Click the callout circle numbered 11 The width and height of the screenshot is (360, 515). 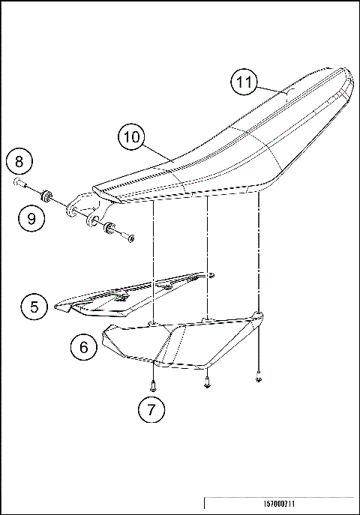243,82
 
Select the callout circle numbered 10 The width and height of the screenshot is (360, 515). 131,138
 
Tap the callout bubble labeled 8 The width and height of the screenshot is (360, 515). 20,161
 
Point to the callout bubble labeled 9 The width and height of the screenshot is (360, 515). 31,218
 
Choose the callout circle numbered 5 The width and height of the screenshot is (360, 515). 35,306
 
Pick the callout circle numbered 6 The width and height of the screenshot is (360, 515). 83,347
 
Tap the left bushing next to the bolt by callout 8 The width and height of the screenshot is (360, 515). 46,196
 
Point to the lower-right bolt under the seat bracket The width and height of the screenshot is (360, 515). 130,238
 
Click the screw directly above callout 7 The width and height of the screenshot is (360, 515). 152,386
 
